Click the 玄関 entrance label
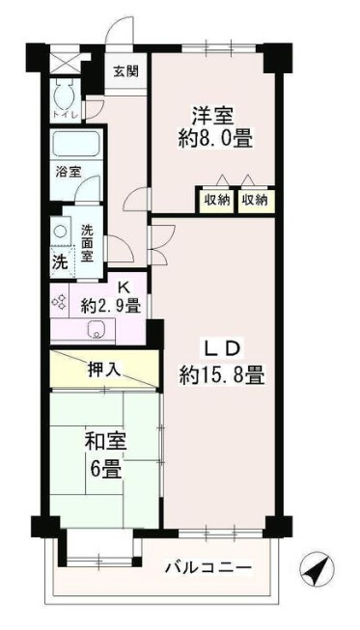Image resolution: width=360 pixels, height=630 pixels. coord(125,70)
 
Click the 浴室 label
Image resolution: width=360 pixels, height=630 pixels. coord(67,173)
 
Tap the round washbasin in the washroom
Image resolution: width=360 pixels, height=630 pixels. coord(60,233)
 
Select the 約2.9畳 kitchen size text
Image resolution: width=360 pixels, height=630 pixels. coord(111,307)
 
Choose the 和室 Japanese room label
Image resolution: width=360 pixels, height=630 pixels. coord(105,444)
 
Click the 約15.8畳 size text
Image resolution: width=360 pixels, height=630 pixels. coord(222,374)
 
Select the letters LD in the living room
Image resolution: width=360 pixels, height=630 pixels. coord(220,346)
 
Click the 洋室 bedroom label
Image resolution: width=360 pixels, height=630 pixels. coord(214,113)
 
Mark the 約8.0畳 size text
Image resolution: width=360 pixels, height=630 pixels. coord(214,138)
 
